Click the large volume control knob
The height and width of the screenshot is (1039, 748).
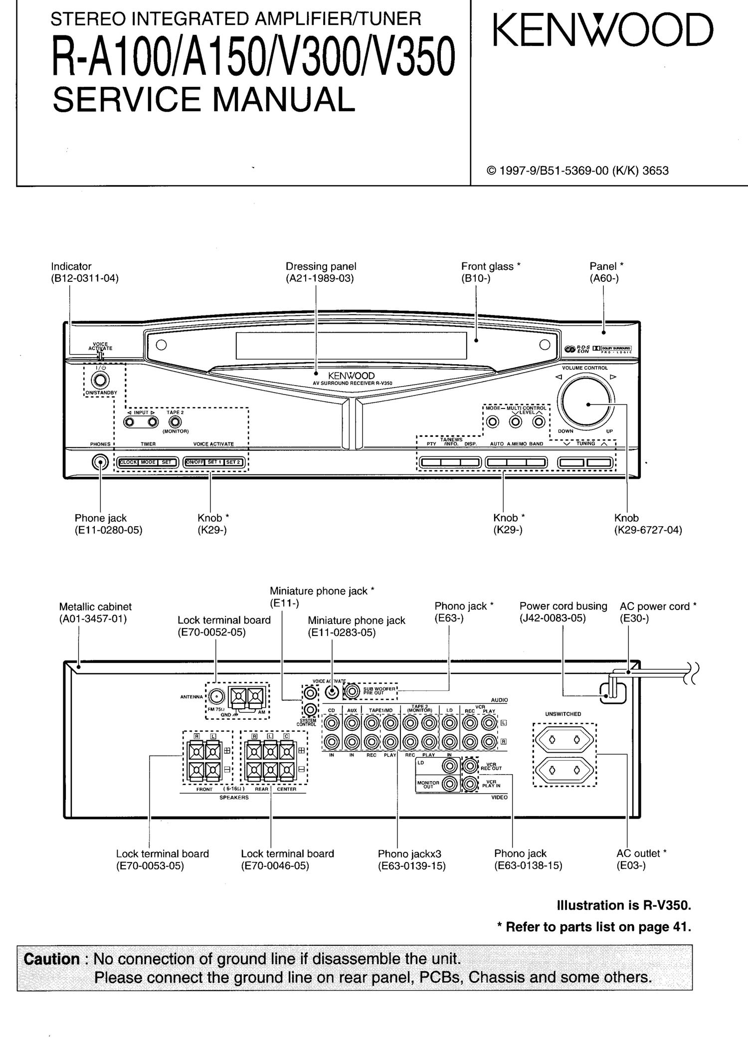(x=586, y=404)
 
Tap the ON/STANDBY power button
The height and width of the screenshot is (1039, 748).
(x=100, y=380)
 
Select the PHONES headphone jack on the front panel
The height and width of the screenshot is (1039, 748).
(x=100, y=462)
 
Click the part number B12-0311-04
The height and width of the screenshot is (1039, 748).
(x=85, y=278)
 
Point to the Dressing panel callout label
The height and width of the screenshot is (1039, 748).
(x=321, y=266)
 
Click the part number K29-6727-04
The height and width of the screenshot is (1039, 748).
(x=648, y=530)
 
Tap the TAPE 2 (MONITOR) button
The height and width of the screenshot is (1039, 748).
(x=175, y=422)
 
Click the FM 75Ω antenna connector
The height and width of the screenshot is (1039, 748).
(x=215, y=696)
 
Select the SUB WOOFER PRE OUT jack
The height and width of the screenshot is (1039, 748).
(x=353, y=691)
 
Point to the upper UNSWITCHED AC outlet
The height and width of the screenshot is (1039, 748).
(x=564, y=739)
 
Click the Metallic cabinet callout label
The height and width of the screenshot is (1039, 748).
(x=95, y=607)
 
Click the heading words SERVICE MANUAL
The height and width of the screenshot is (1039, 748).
(x=203, y=99)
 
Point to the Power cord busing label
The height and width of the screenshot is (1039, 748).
(x=563, y=606)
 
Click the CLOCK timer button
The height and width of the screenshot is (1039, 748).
(x=128, y=462)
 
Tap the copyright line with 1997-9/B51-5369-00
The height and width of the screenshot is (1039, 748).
(x=577, y=171)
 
